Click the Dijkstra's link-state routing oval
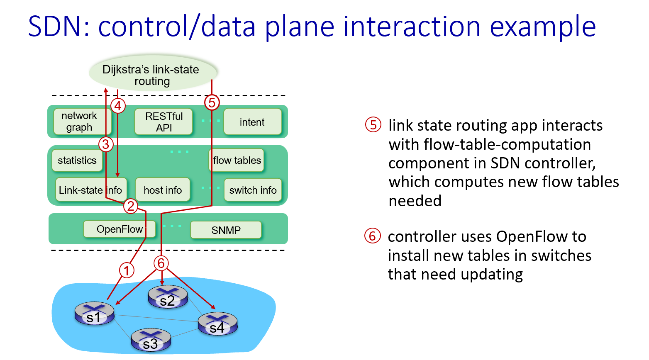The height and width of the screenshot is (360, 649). click(152, 73)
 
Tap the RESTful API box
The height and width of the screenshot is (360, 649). click(163, 122)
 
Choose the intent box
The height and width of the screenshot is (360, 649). click(252, 122)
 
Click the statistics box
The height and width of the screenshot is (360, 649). click(77, 161)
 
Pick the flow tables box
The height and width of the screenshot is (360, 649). click(237, 161)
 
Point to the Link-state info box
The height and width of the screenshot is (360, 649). click(90, 190)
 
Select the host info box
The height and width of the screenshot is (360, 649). click(163, 190)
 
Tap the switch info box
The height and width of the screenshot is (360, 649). click(253, 190)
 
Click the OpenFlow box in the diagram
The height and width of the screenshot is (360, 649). click(120, 229)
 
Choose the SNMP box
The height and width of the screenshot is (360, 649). click(226, 230)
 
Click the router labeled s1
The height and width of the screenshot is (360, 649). click(94, 313)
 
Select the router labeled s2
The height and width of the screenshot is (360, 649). click(168, 297)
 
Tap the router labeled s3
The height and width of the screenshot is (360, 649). click(151, 340)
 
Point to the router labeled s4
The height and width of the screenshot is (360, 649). click(217, 324)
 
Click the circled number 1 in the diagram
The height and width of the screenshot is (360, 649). click(127, 270)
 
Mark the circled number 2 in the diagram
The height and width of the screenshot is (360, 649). click(131, 206)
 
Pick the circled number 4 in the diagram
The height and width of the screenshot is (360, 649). click(118, 106)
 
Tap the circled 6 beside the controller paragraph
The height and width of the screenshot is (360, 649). click(372, 236)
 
